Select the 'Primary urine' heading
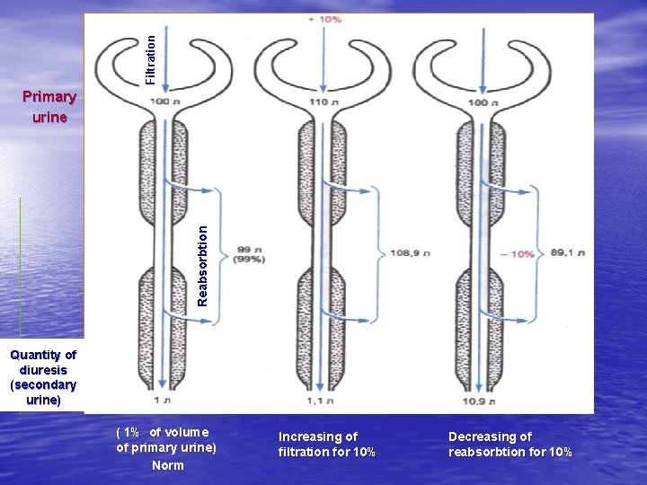[49, 106]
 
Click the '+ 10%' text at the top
[324, 19]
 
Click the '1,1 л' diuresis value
[321, 401]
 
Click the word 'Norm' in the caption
[167, 465]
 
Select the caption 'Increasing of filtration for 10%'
[326, 444]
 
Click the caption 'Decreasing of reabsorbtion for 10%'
[510, 444]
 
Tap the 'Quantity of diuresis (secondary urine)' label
[43, 377]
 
